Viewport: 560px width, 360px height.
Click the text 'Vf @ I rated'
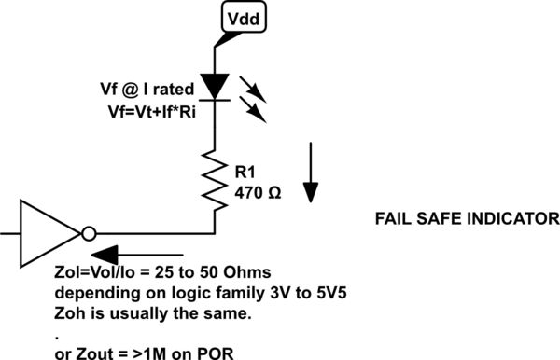[147, 90]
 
